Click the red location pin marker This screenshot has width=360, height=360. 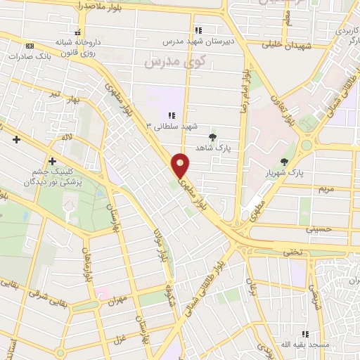coord(181,165)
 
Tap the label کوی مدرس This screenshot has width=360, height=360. coord(168,63)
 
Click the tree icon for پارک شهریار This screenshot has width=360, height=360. coord(284,162)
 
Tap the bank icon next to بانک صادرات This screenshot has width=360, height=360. coord(29,46)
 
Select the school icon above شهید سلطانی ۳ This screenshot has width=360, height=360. coord(171,115)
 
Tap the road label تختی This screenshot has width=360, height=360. coord(296,251)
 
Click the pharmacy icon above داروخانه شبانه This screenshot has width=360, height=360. coord(77,32)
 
